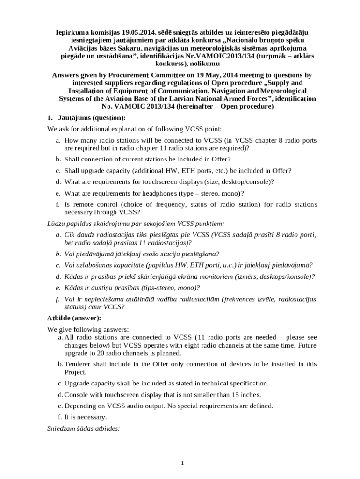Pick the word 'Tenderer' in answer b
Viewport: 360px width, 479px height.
(x=77, y=364)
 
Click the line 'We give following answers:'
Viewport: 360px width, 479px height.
(x=88, y=329)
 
